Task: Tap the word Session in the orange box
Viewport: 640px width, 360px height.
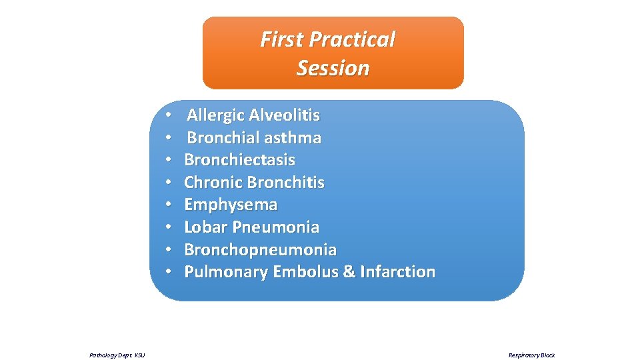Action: tap(333, 68)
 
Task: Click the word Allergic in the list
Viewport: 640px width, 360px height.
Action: tap(215, 115)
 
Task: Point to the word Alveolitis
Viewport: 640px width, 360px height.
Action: tap(284, 115)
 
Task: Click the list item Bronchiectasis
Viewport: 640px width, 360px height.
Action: tap(239, 160)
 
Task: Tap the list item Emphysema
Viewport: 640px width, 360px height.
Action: tap(231, 205)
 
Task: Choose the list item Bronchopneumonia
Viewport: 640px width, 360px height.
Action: tap(260, 250)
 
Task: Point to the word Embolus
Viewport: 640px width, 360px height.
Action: tap(304, 272)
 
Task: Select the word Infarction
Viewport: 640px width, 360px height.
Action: tap(397, 272)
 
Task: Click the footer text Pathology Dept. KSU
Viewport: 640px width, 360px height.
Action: tap(117, 355)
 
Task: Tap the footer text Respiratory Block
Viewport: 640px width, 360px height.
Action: tap(531, 355)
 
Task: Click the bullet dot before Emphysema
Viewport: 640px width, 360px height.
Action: tap(170, 205)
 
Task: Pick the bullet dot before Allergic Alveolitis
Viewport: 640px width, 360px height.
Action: tap(170, 115)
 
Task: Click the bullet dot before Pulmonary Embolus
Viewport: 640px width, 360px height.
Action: tap(170, 272)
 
